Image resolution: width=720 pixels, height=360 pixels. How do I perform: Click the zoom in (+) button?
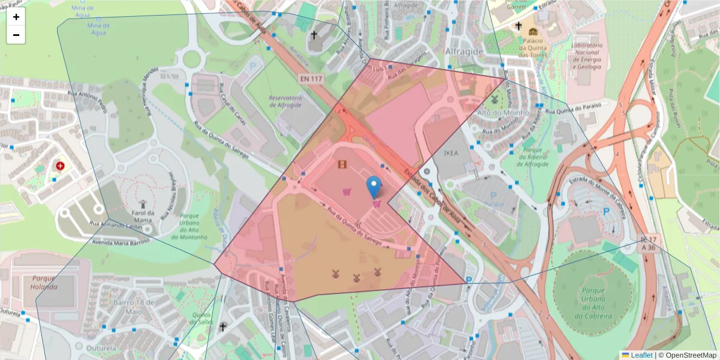pyautogui.click(x=16, y=17)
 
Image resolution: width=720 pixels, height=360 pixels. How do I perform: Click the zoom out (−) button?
pyautogui.click(x=16, y=35)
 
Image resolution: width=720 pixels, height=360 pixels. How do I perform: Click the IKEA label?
pyautogui.click(x=451, y=153)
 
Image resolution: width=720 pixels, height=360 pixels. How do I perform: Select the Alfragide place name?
pyautogui.click(x=464, y=52)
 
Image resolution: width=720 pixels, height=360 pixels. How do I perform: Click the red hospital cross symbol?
pyautogui.click(x=61, y=166)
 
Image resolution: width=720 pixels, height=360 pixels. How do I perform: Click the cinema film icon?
pyautogui.click(x=342, y=164)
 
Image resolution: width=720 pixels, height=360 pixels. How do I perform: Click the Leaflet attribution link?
pyautogui.click(x=641, y=355)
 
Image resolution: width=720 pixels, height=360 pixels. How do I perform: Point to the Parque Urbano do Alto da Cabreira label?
pyautogui.click(x=594, y=303)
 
